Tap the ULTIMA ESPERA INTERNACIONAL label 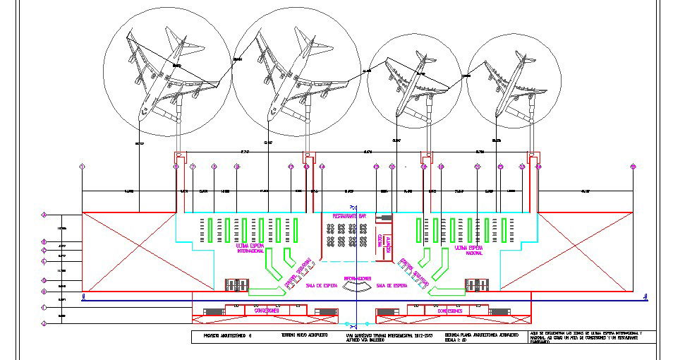[x=250, y=248]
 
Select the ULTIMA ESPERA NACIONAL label [x=469, y=250]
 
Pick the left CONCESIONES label [x=264, y=311]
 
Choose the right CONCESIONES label [x=449, y=311]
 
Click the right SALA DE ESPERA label [x=392, y=285]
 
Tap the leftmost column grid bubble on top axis [x=83, y=167]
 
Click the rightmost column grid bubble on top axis [x=633, y=167]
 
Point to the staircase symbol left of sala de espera [x=235, y=285]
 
